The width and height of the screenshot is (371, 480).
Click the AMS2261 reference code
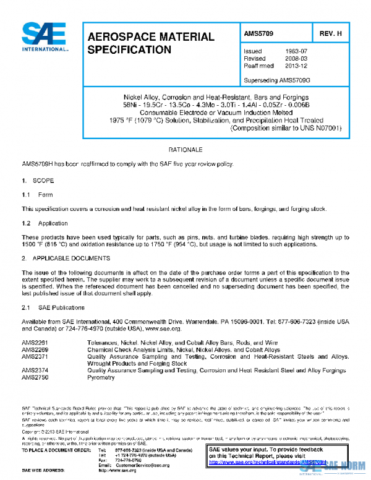click(x=35, y=342)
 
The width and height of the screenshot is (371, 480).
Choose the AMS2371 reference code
click(x=35, y=356)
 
